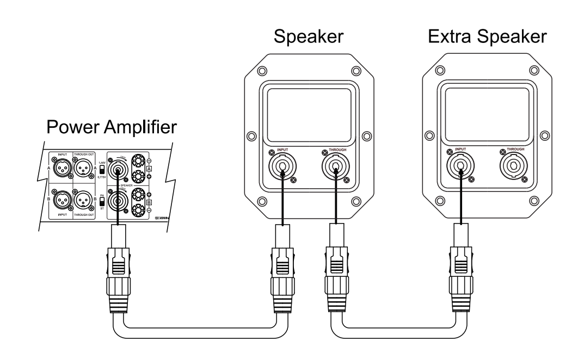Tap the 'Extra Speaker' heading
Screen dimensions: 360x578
point(487,38)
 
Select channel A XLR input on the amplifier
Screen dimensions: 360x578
point(63,169)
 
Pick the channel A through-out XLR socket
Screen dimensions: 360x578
point(86,169)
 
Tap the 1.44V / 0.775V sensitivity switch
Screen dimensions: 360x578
point(101,169)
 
